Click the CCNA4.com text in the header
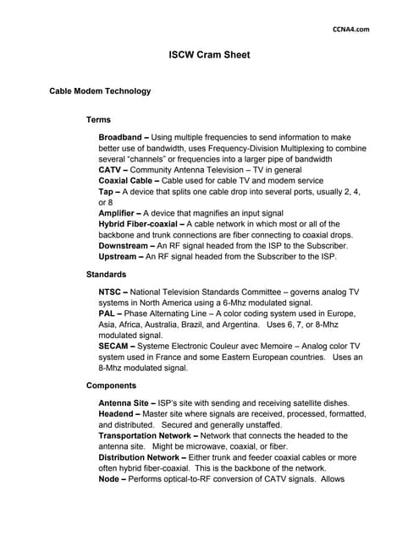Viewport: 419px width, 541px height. click(x=351, y=29)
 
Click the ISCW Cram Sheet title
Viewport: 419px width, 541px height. click(x=209, y=58)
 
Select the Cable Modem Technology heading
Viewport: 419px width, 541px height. click(x=100, y=91)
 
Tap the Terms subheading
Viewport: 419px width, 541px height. click(x=98, y=120)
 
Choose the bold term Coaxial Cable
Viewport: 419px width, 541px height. click(x=129, y=180)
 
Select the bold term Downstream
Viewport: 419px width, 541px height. click(x=127, y=246)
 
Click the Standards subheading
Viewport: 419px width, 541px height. click(x=107, y=275)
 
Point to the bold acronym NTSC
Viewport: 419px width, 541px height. click(x=113, y=292)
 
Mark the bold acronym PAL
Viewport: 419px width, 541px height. click(x=108, y=314)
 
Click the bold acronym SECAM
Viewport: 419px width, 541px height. click(x=116, y=347)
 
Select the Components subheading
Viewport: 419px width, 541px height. click(x=112, y=385)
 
